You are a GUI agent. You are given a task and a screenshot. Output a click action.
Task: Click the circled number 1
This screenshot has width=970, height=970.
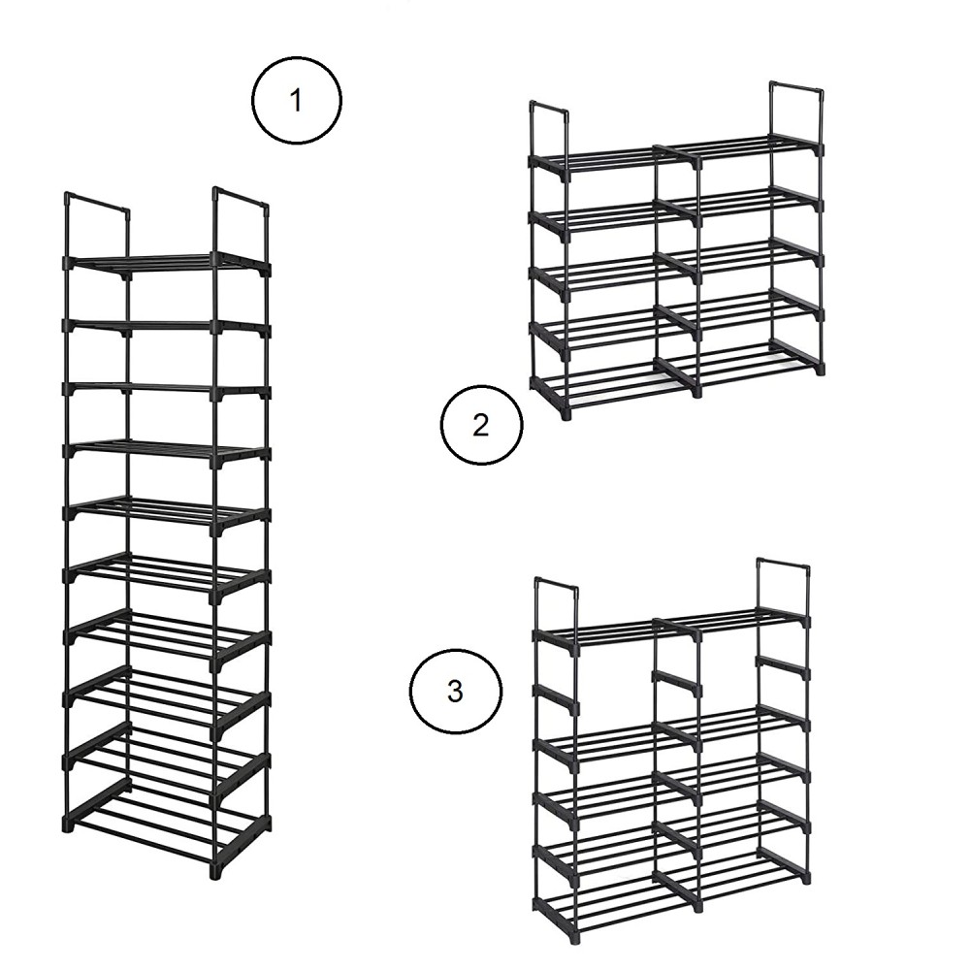[x=297, y=102]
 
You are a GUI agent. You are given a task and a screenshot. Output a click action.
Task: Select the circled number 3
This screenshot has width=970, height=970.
[x=455, y=692]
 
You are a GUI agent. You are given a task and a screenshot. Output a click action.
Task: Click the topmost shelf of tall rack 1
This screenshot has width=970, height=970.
[x=167, y=263]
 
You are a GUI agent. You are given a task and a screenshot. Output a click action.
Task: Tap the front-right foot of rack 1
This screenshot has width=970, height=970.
[x=215, y=868]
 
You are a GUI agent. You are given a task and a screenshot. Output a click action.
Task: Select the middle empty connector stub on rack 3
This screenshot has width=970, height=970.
[x=677, y=683]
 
